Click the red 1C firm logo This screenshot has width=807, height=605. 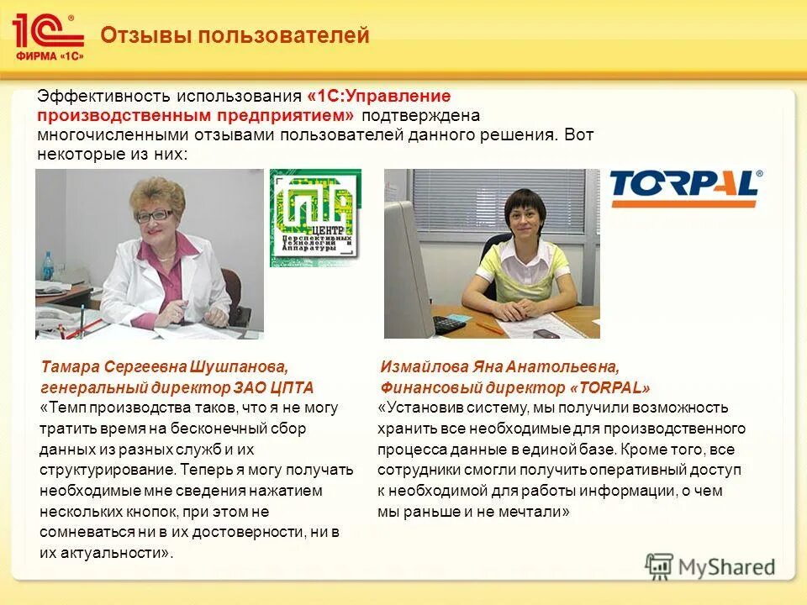click(x=48, y=36)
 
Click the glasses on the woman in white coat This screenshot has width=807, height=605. click(x=153, y=215)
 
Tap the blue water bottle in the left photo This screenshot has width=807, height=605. click(x=48, y=268)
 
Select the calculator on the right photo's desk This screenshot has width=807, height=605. click(x=451, y=324)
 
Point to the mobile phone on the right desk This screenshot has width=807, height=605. click(x=546, y=333)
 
